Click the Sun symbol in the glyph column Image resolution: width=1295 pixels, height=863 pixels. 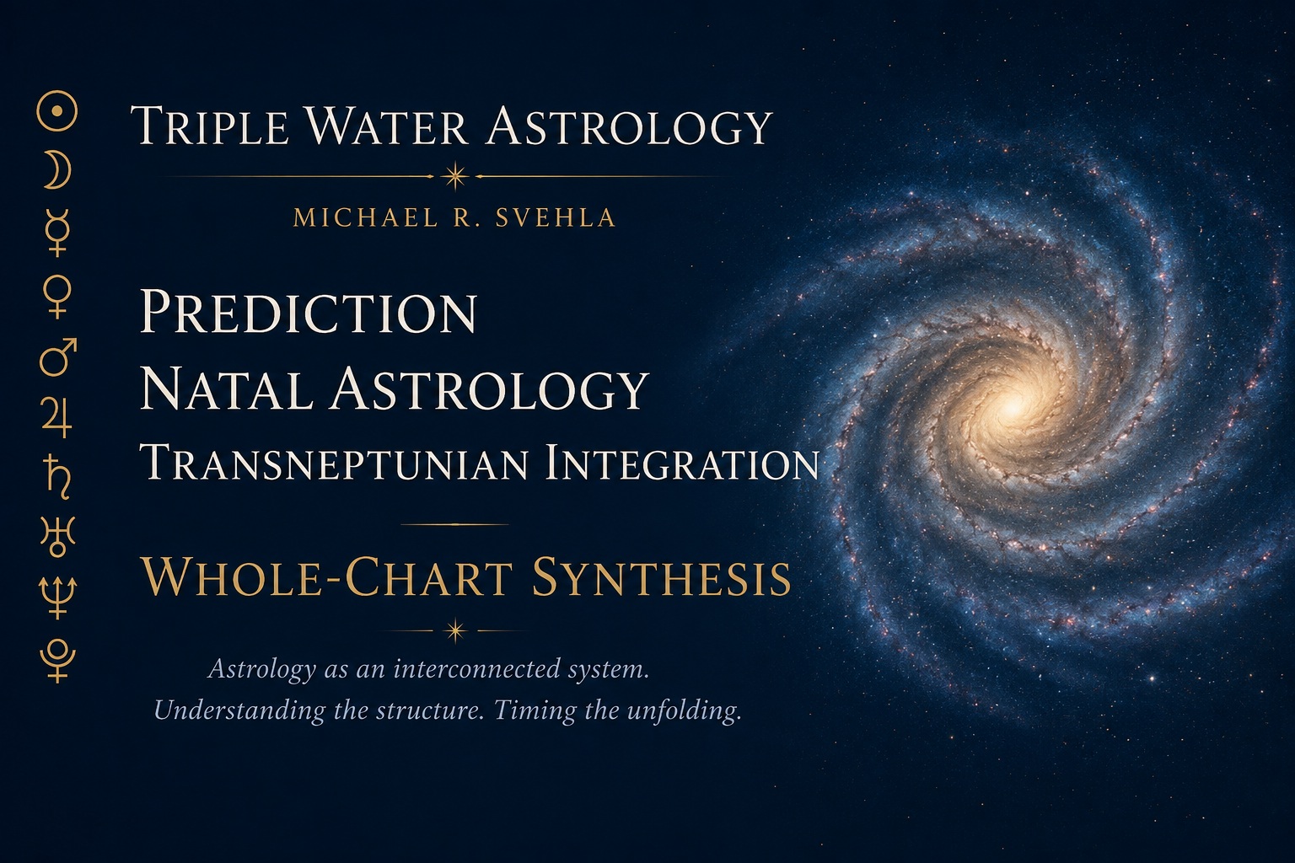point(56,110)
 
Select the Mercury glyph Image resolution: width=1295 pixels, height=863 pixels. point(57,233)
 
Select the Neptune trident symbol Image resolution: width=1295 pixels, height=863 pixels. point(57,598)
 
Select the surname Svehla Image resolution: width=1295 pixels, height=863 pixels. point(556,218)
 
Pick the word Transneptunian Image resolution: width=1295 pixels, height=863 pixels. point(334,463)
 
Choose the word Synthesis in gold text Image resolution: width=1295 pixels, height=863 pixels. point(661,577)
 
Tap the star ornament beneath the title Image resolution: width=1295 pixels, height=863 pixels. point(455,176)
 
